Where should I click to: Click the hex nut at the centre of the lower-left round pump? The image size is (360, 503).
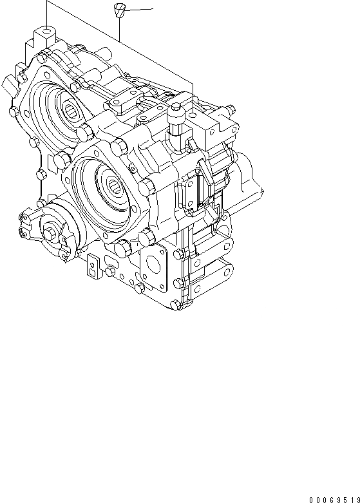point(51,233)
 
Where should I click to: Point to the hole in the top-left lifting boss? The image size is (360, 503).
point(47,29)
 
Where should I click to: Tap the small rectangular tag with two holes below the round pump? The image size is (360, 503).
point(93,266)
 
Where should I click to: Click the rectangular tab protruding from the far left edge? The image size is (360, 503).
point(8,84)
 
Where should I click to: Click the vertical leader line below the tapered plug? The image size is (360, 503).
point(120,29)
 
